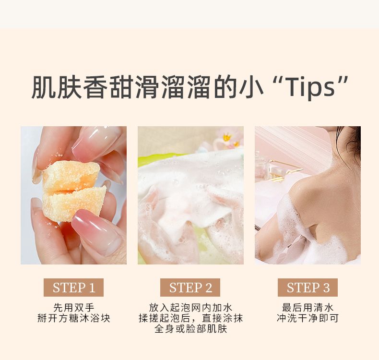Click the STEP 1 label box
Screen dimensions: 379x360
click(x=73, y=288)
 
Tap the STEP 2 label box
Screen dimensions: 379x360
click(x=190, y=288)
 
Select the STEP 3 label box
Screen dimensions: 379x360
click(x=308, y=288)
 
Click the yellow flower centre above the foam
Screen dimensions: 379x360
click(x=227, y=138)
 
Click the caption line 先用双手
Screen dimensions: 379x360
click(x=73, y=308)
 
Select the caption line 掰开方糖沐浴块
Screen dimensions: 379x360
click(x=74, y=318)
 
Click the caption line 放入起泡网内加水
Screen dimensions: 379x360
click(x=190, y=308)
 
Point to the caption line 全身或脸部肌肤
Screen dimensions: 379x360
click(x=190, y=329)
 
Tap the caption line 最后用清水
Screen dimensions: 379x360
click(x=308, y=308)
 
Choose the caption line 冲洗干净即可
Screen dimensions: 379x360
click(x=308, y=318)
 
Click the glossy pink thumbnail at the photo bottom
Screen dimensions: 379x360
click(x=97, y=232)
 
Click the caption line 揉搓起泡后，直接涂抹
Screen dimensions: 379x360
click(x=190, y=318)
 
